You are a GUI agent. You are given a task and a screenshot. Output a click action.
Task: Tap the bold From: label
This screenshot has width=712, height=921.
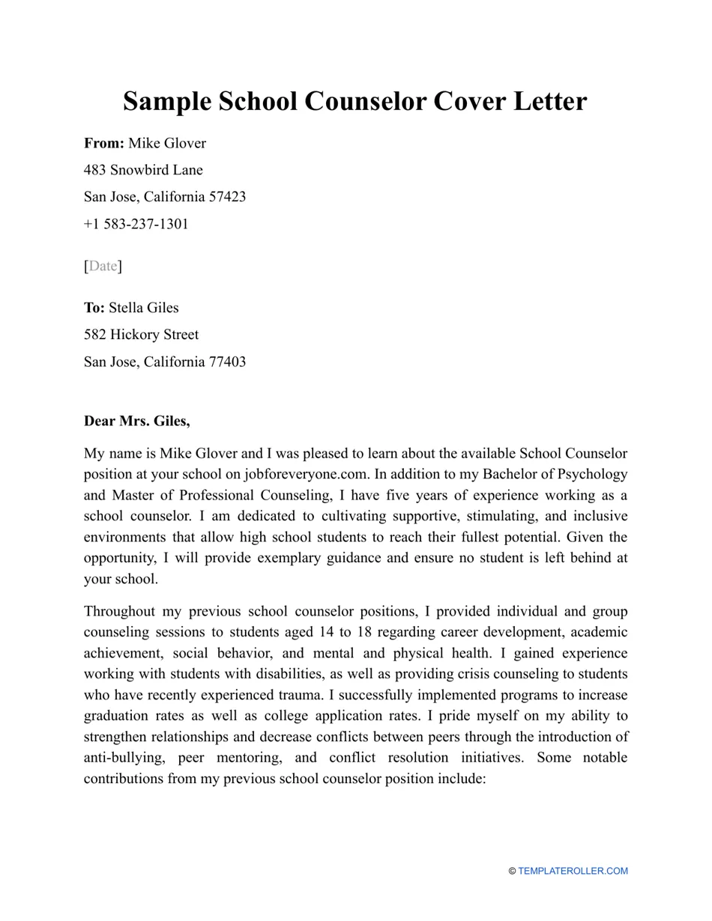click(104, 143)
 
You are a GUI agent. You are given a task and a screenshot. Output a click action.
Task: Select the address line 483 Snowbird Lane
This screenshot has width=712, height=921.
click(143, 170)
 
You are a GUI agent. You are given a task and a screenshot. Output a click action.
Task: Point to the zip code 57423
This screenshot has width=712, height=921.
click(227, 197)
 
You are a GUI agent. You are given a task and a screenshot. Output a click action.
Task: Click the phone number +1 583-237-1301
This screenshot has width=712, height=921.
click(136, 224)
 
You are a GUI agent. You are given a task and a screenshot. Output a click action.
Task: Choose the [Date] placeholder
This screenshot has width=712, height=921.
click(103, 266)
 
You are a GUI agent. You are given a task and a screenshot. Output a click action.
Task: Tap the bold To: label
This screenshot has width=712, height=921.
click(94, 308)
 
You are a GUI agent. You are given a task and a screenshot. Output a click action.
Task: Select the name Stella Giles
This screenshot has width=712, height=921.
click(144, 308)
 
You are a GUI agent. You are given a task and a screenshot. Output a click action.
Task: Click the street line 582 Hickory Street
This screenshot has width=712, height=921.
click(142, 335)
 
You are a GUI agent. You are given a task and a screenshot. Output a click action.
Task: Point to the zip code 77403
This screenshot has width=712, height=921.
click(227, 362)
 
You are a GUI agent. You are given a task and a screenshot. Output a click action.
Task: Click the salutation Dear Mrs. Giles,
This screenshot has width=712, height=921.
click(137, 421)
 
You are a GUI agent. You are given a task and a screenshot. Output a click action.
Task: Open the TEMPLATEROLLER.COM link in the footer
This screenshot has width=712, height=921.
click(573, 871)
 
